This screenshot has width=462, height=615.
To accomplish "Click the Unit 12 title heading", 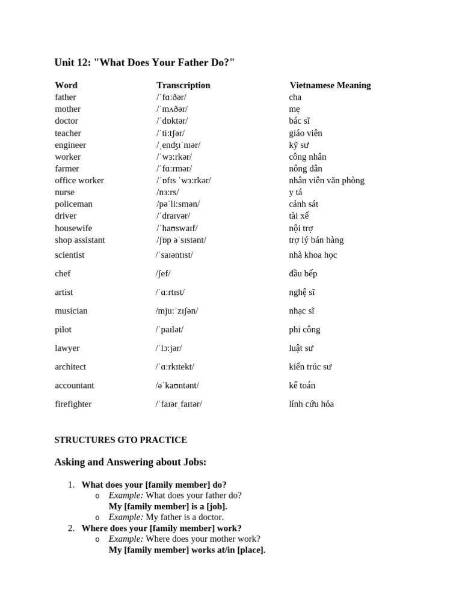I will [x=144, y=62].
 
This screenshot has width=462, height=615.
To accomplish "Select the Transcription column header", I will [x=183, y=85].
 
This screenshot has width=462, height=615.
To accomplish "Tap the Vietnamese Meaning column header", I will [x=330, y=85].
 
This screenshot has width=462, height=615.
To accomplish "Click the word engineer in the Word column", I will [x=70, y=145].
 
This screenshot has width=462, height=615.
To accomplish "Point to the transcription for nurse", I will [x=168, y=192].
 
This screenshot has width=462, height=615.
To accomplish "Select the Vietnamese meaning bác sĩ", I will [x=300, y=121].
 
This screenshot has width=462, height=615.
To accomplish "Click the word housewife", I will [x=73, y=228].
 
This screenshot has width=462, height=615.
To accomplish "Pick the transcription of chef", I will [x=163, y=274].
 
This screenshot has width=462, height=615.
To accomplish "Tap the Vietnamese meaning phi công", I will [x=304, y=330].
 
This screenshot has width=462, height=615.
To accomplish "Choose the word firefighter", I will [x=73, y=404].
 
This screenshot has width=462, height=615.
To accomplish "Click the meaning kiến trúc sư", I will [x=310, y=367].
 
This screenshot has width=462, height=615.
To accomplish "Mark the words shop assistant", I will [x=80, y=240].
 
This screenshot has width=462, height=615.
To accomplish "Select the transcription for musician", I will [x=177, y=311].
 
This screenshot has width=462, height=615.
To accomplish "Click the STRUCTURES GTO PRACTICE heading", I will [x=120, y=440].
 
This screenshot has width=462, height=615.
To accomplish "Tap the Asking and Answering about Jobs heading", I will [x=131, y=462].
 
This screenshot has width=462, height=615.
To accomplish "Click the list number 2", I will [x=71, y=528].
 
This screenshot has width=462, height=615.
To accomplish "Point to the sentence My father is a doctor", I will [x=185, y=517].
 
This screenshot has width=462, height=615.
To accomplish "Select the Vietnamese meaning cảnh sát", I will [x=304, y=204].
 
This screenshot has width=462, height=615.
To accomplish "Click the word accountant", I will [x=75, y=386].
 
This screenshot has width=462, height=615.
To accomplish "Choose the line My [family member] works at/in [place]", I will [x=186, y=550].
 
